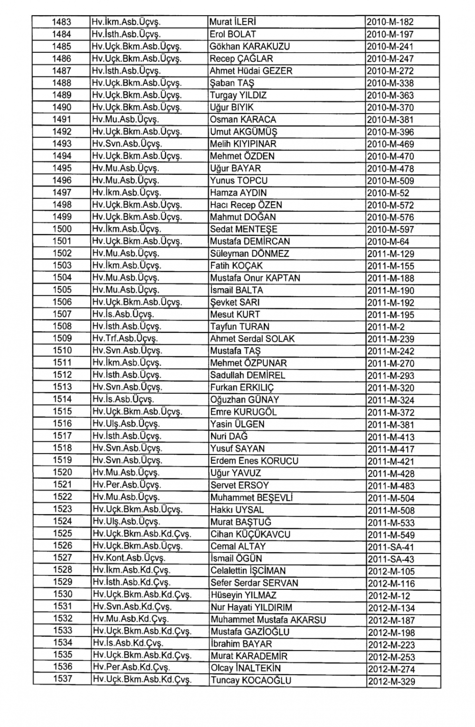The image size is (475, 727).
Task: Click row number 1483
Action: pos(62,22)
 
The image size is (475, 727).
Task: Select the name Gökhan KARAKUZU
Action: pos(250,47)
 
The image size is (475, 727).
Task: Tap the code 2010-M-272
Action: pos(390,71)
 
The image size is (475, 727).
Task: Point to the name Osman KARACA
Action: pos(243,120)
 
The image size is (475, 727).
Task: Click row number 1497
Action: pos(62,192)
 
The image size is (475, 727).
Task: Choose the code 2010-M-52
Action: pos(388,193)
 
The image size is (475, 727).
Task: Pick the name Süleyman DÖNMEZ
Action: pos(249,254)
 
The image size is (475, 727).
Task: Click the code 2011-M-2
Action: pos(386,327)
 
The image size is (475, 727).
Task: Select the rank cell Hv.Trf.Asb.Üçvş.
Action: pos(125,339)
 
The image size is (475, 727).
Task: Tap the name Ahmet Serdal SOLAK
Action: pos(252,339)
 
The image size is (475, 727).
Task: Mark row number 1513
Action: pos(62,387)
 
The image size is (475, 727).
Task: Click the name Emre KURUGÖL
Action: pos(243,412)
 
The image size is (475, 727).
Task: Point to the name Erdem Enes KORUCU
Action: pos(254,461)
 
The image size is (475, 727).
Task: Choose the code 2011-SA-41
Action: pos(391,547)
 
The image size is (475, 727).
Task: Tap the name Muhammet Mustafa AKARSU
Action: pos(268,620)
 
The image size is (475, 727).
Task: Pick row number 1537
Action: pos(62,679)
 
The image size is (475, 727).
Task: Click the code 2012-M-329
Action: pos(391,681)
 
